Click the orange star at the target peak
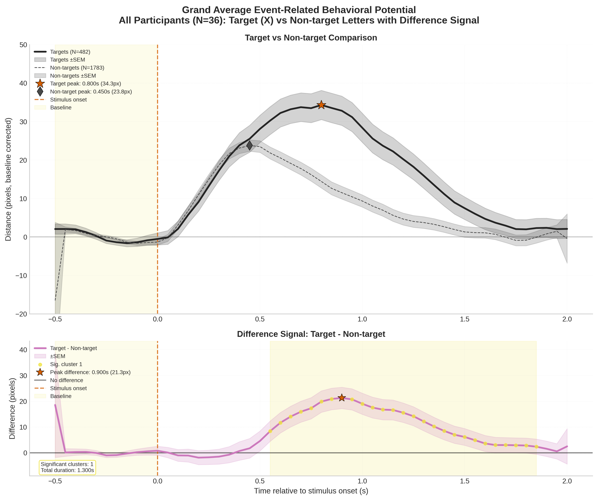point(321,105)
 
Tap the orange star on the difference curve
point(342,398)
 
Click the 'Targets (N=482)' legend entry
point(70,52)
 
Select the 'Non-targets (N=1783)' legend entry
point(77,68)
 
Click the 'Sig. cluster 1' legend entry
point(66,364)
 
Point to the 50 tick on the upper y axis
point(24,45)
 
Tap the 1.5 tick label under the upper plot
point(465,319)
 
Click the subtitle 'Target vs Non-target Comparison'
point(311,38)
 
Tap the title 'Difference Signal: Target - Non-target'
point(311,334)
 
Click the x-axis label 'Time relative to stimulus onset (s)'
point(311,491)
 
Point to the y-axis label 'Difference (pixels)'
point(12,408)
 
